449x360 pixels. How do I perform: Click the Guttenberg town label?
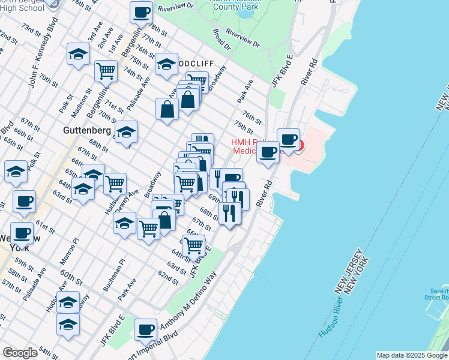[x=86, y=130]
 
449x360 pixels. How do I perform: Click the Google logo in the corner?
[x=20, y=352]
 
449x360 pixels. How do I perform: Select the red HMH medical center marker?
[x=298, y=146]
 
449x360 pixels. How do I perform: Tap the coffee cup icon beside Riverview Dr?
[x=142, y=12]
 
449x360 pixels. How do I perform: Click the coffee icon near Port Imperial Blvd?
[x=145, y=329]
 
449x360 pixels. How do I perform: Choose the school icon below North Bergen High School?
[x=78, y=54]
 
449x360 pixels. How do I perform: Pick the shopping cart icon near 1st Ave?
[x=106, y=70]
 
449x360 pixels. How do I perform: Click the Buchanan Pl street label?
[x=113, y=275]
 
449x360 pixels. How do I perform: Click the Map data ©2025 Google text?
[x=411, y=355]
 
